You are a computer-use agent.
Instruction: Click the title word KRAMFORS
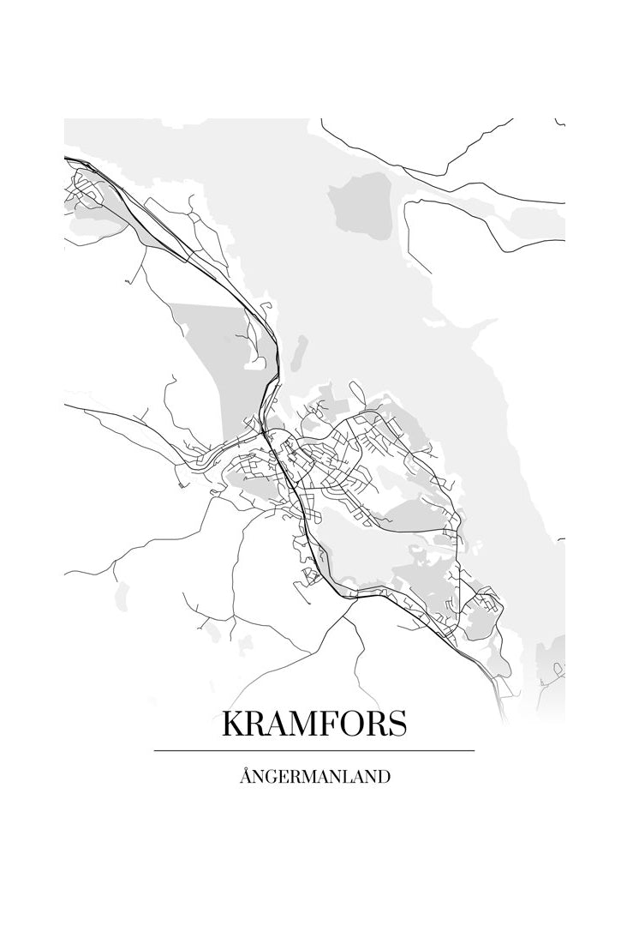click(314, 725)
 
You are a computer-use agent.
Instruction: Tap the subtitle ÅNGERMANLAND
click(314, 777)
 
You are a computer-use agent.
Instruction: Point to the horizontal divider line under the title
click(314, 751)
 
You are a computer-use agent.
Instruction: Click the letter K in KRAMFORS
click(234, 725)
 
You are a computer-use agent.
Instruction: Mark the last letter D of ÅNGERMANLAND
click(385, 777)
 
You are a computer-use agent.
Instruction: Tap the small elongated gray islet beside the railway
click(300, 350)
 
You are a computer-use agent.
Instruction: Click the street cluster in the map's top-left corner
click(86, 189)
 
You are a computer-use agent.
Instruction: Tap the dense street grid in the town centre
click(330, 467)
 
